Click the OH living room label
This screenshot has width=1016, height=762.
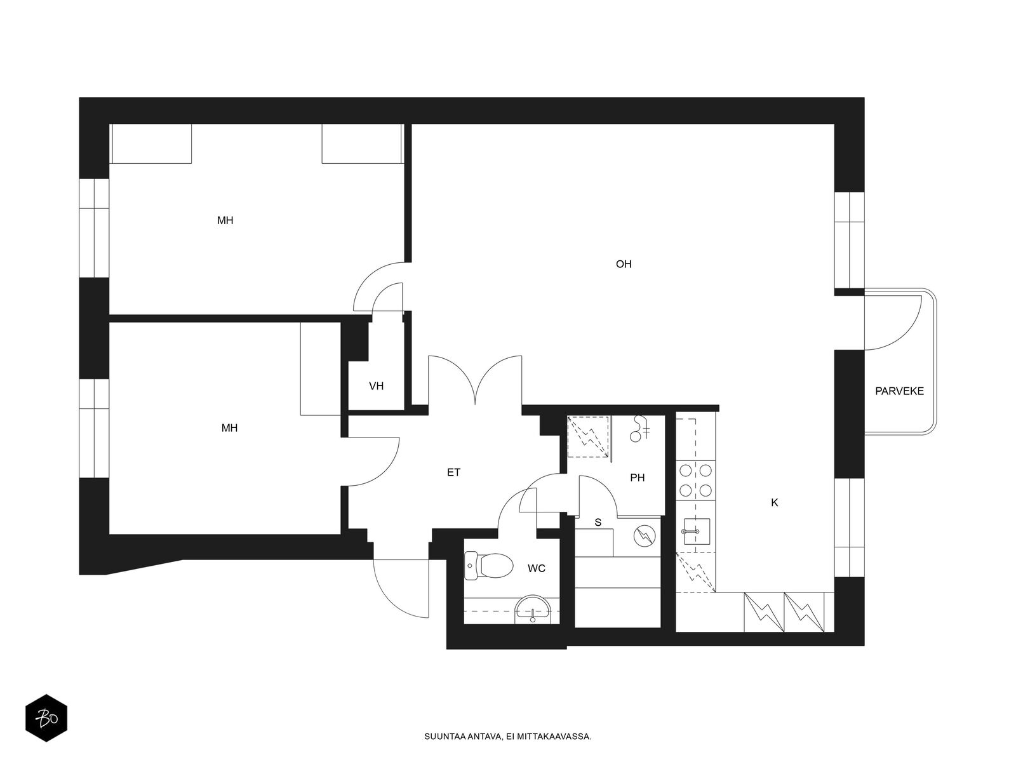[623, 264]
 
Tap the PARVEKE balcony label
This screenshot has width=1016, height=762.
[899, 391]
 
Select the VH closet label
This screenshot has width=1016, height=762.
[376, 386]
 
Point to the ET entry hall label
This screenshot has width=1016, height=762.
[453, 472]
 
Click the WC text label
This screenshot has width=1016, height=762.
[536, 568]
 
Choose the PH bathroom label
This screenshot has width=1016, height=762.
[637, 478]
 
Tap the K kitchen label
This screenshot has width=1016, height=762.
[774, 502]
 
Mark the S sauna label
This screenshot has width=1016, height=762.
[598, 523]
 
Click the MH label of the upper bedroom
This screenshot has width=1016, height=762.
[225, 221]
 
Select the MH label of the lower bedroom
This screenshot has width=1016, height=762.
[229, 428]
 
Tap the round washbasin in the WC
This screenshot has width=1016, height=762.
[533, 609]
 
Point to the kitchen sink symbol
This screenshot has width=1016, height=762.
[696, 531]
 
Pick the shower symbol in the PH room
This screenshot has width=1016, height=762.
[639, 428]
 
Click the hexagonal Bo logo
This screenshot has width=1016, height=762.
[46, 718]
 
